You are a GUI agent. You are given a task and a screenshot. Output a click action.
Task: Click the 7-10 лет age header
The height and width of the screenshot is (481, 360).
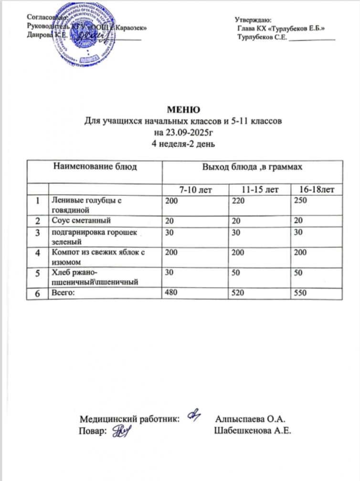click(x=195, y=190)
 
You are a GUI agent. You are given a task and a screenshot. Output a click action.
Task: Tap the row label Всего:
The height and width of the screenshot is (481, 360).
click(x=62, y=293)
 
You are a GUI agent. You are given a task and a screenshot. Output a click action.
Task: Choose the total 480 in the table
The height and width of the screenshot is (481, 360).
click(x=171, y=293)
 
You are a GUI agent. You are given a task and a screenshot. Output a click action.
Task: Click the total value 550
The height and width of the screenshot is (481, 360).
click(x=300, y=293)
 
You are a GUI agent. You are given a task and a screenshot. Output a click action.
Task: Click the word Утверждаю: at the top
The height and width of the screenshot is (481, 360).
click(x=253, y=20)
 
